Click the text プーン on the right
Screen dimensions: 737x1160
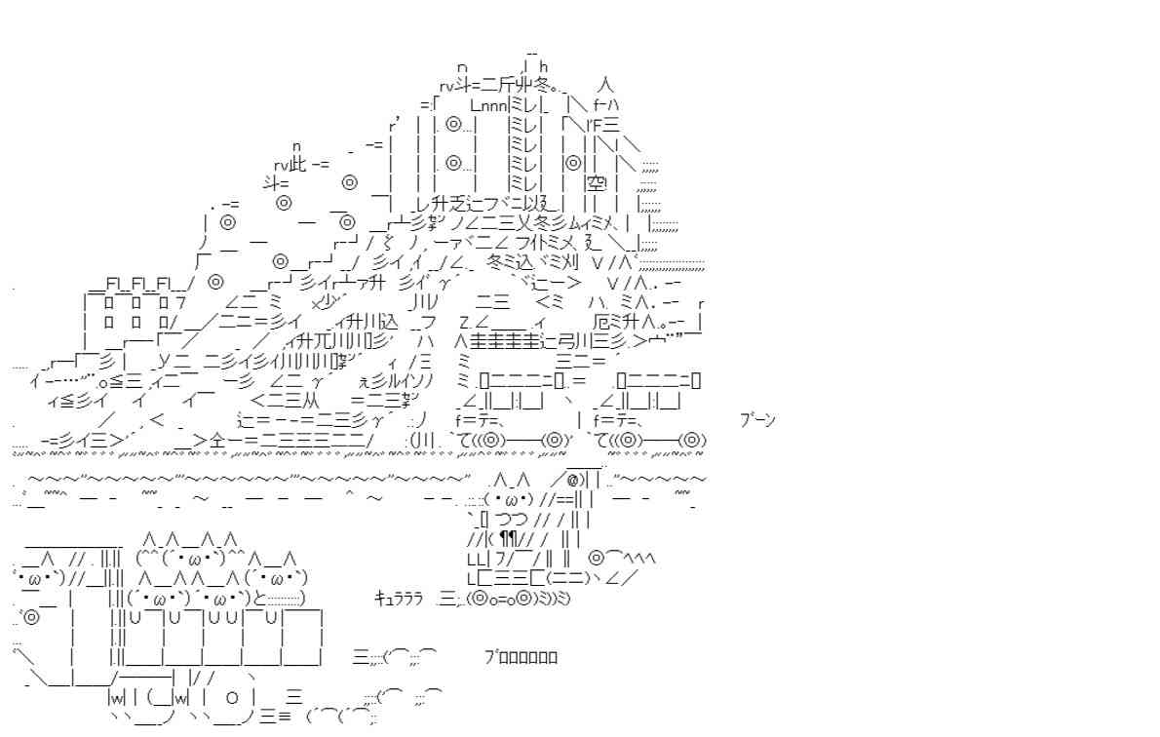757,420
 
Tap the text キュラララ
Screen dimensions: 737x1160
398,599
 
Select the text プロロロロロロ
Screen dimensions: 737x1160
521,657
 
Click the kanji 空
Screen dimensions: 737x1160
596,182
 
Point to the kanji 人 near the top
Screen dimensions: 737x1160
605,85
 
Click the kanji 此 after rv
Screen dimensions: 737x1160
298,164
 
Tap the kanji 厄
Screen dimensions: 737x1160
601,321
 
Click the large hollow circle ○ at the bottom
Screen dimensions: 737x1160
232,699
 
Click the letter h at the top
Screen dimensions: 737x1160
543,66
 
